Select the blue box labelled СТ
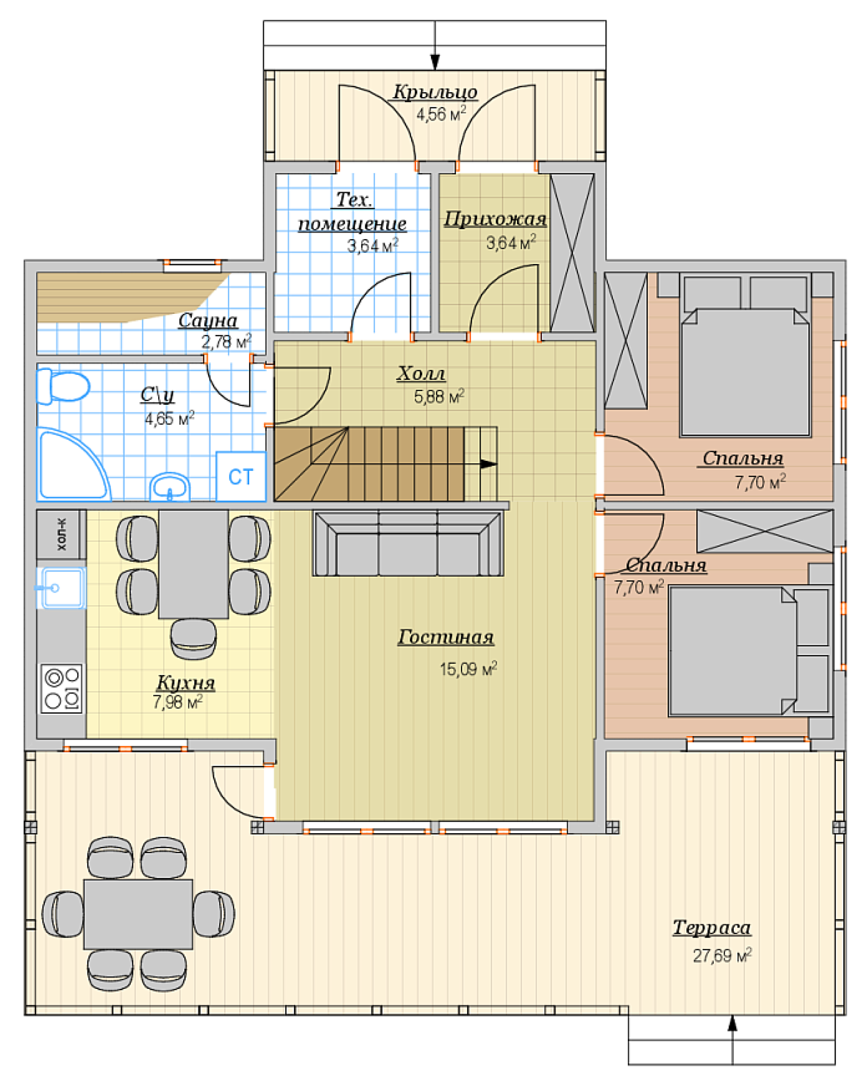click(241, 476)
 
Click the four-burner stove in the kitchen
click(62, 689)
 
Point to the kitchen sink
click(61, 588)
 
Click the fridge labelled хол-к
click(61, 535)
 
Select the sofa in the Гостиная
click(408, 543)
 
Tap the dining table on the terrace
click(138, 914)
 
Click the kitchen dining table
click(193, 565)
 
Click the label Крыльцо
click(436, 92)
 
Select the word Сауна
click(208, 320)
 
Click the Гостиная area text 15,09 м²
click(468, 668)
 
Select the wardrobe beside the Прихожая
click(572, 253)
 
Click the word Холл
click(421, 373)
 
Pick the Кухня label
click(186, 682)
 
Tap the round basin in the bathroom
click(170, 487)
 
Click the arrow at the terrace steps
click(732, 1040)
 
